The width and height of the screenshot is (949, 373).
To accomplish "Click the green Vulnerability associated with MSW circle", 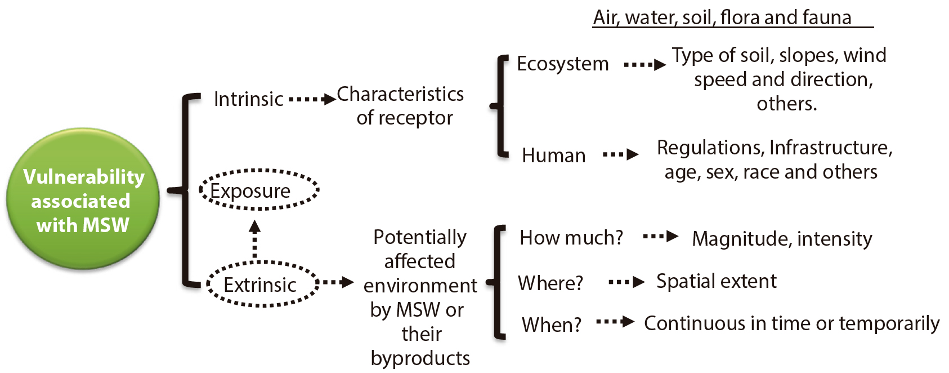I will [x=83, y=199].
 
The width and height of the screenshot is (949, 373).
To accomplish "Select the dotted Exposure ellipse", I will [x=259, y=190].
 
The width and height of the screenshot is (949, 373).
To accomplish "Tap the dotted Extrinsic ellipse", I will [x=262, y=284].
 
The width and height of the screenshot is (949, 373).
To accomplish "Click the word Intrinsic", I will [x=248, y=99].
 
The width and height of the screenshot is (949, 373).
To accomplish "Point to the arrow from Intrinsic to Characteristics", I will [x=312, y=100].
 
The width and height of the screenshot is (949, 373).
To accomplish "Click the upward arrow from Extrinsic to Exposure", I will [x=255, y=239].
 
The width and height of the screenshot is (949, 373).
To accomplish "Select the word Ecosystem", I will [x=562, y=64].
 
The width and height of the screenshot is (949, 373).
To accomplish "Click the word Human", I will [x=553, y=155].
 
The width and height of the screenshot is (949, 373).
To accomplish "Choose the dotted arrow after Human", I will [x=620, y=154].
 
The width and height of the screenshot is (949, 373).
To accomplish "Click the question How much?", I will [x=571, y=238].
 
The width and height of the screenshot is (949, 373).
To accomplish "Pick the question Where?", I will [x=550, y=282].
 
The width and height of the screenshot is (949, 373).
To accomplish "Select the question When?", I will [x=551, y=325].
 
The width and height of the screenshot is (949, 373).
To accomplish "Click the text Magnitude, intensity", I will [x=781, y=239].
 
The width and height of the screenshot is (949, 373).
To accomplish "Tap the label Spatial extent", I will [x=716, y=281].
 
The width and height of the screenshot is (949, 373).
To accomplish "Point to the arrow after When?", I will [x=615, y=322].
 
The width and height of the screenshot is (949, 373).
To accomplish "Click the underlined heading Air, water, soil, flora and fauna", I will [x=722, y=17].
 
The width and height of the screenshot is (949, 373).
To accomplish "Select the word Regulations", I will [x=709, y=148].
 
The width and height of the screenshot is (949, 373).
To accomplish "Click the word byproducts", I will [x=420, y=358].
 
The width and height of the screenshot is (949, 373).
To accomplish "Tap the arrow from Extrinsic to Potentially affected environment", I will [x=338, y=282].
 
